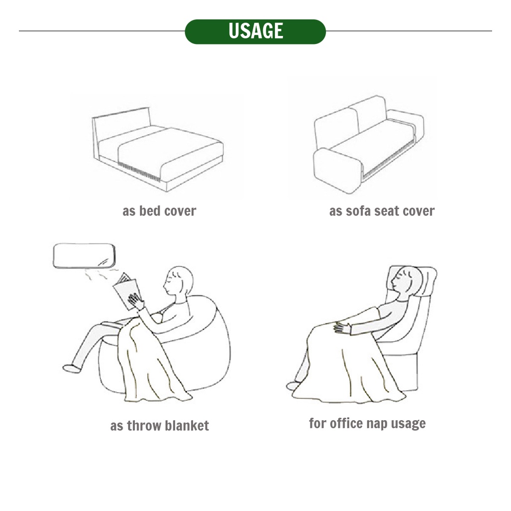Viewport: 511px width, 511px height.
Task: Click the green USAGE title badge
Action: point(255,31)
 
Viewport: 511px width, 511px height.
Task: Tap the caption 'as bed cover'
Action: point(159,211)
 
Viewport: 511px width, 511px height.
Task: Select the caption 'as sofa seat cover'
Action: point(382,211)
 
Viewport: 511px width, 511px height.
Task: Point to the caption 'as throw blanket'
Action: point(159,426)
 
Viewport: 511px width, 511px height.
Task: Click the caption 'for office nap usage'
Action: point(367,423)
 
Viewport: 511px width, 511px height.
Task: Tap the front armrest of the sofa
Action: point(337,171)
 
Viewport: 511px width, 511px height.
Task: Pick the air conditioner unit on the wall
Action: point(84,256)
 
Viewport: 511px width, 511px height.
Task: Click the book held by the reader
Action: point(127,291)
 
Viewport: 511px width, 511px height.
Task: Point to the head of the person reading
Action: point(179,281)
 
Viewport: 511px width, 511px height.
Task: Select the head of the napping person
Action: point(406,281)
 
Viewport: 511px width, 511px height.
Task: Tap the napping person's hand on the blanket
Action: point(342,327)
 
